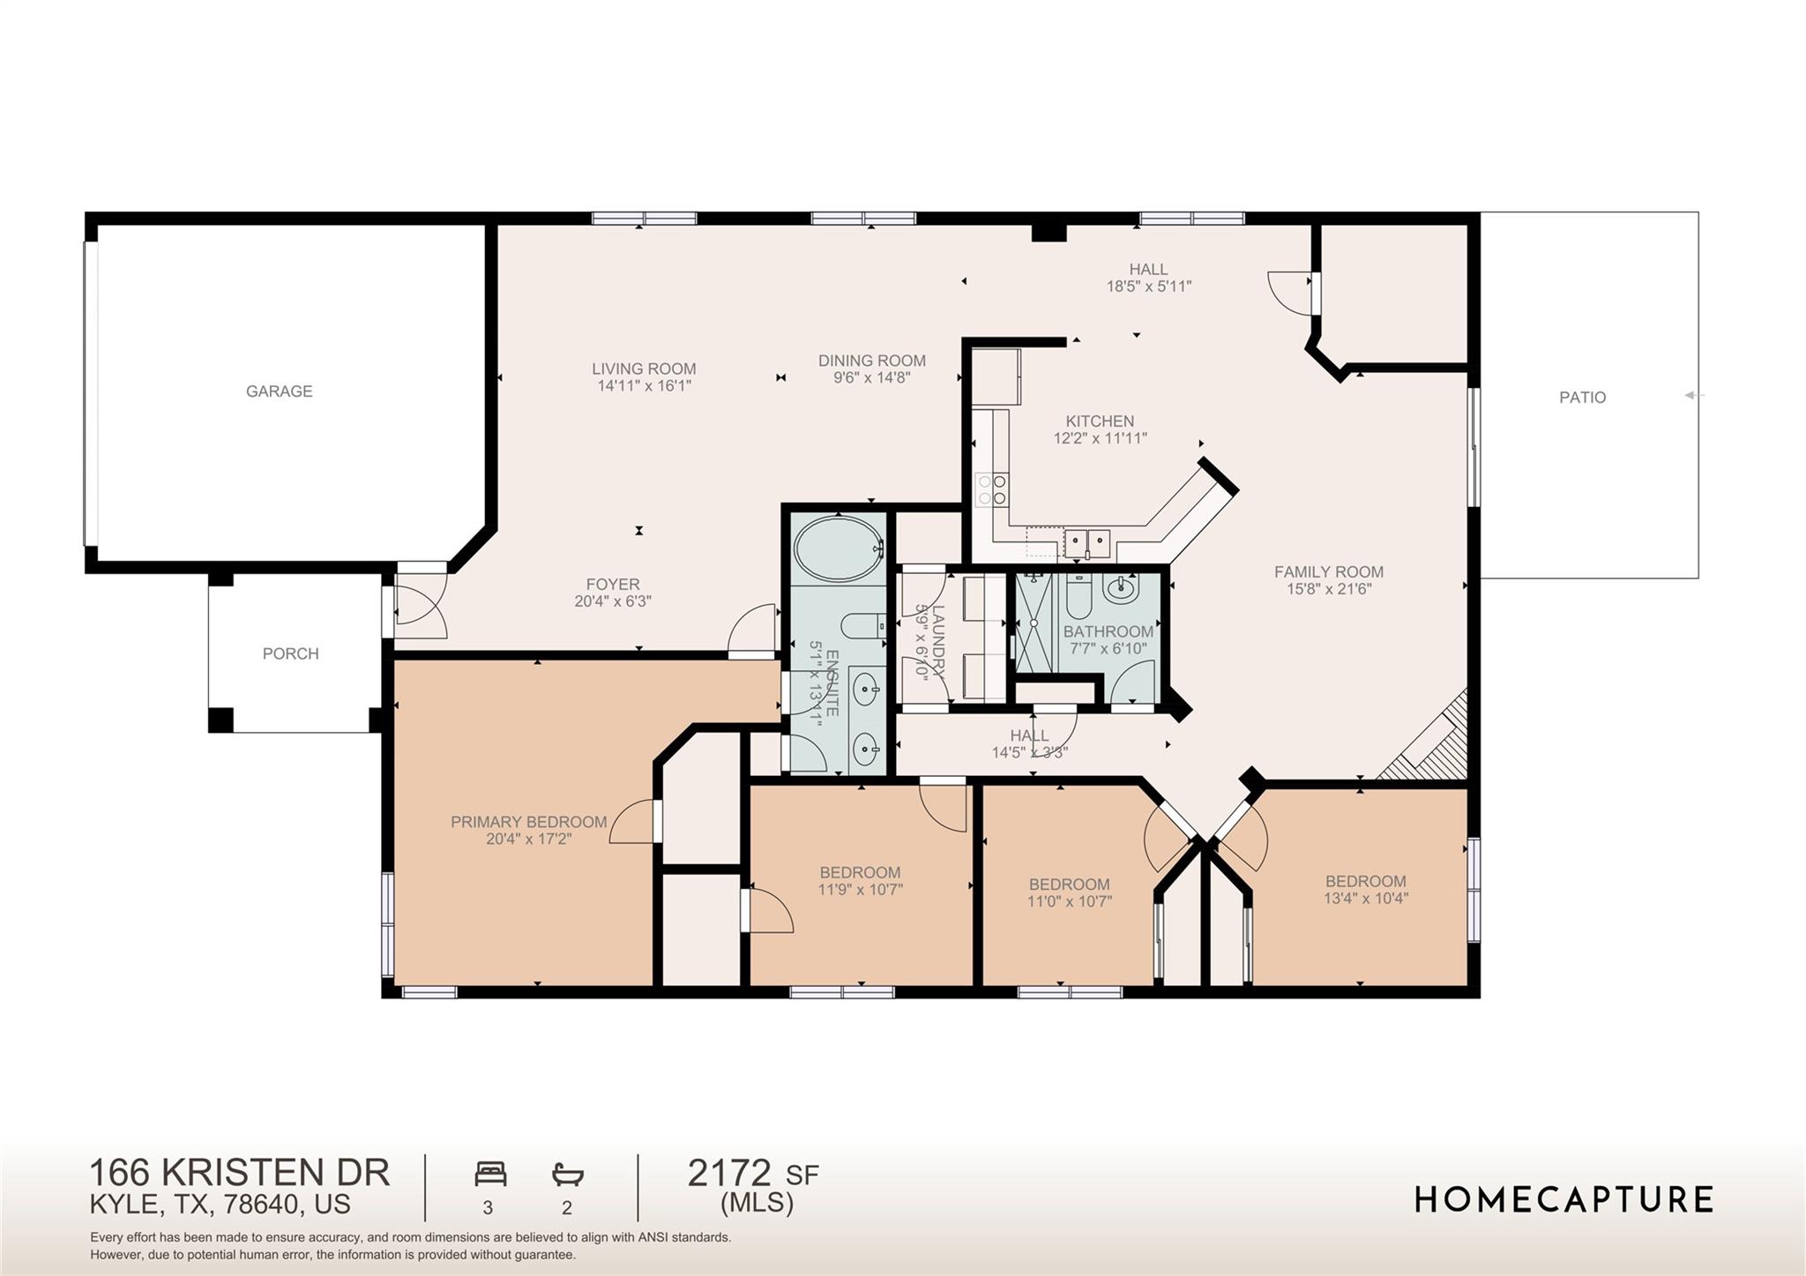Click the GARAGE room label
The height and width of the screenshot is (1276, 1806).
pyautogui.click(x=279, y=391)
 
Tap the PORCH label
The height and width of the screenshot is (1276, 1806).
pyautogui.click(x=290, y=653)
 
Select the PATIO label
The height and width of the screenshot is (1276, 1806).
pyautogui.click(x=1582, y=397)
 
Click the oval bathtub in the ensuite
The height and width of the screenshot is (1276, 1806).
pyautogui.click(x=838, y=548)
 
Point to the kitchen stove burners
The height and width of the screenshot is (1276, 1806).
pyautogui.click(x=992, y=489)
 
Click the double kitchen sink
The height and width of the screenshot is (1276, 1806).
pyautogui.click(x=1086, y=539)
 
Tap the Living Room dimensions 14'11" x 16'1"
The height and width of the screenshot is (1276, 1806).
pyautogui.click(x=644, y=385)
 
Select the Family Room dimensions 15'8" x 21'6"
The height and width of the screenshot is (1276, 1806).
pyautogui.click(x=1328, y=589)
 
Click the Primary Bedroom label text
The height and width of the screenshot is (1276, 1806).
pyautogui.click(x=528, y=822)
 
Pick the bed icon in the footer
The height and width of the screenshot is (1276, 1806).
pyautogui.click(x=490, y=1174)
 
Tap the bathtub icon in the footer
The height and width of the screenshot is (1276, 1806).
pyautogui.click(x=568, y=1174)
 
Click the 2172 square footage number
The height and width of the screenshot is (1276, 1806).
pyautogui.click(x=728, y=1173)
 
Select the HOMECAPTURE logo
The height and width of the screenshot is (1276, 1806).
pyautogui.click(x=1563, y=1199)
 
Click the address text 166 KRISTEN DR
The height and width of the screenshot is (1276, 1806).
pyautogui.click(x=239, y=1172)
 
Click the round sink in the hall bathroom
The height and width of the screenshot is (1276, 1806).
pyautogui.click(x=1122, y=587)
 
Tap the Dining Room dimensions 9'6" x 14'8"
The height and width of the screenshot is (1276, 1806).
pyautogui.click(x=871, y=377)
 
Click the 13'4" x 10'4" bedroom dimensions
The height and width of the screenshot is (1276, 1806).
pyautogui.click(x=1365, y=899)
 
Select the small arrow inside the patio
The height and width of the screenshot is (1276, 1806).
pyautogui.click(x=1691, y=395)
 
